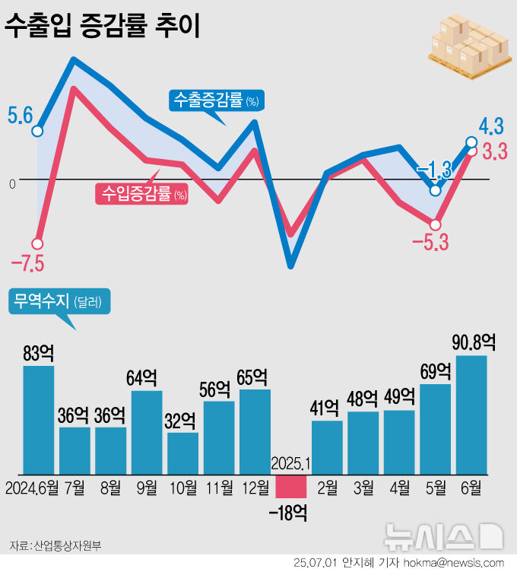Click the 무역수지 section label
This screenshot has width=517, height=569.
[59, 301]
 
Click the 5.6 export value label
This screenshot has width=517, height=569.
[20, 116]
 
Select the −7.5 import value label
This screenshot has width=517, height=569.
[27, 264]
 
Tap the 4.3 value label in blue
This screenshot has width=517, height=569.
[491, 125]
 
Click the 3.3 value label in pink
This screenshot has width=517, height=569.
[494, 152]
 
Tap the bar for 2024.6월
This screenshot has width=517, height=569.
[38, 420]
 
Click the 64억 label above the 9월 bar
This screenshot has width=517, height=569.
[145, 378]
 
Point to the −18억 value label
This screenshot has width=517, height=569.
[288, 513]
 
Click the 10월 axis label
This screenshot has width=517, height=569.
[182, 487]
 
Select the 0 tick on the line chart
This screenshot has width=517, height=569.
[12, 183]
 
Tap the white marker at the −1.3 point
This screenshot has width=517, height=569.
[435, 190]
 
